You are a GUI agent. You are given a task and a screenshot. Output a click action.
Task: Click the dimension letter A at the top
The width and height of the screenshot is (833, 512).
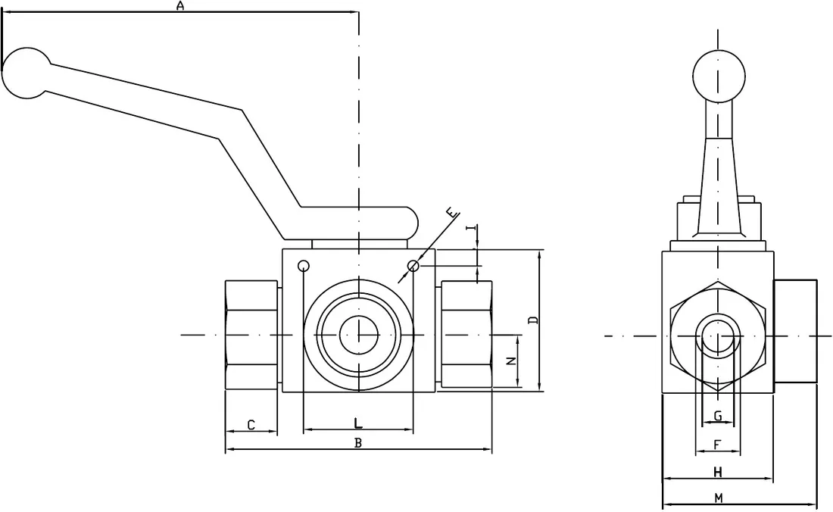pyautogui.click(x=179, y=6)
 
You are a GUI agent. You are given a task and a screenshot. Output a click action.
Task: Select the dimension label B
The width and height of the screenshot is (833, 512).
pyautogui.click(x=358, y=442)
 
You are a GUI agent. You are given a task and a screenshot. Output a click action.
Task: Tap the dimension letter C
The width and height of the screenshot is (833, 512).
pyautogui.click(x=251, y=425)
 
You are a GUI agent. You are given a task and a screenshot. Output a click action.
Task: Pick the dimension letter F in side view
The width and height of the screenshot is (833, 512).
pyautogui.click(x=717, y=445)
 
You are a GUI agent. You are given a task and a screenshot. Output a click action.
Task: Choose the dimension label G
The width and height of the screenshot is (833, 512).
pyautogui.click(x=718, y=415)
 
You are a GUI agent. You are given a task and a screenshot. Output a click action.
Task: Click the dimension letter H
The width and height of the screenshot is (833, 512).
pyautogui.click(x=718, y=472)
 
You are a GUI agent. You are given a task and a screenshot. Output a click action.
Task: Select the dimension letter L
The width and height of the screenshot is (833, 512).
pyautogui.click(x=358, y=423)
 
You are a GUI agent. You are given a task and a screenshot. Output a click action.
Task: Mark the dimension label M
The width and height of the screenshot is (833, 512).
pyautogui.click(x=719, y=498)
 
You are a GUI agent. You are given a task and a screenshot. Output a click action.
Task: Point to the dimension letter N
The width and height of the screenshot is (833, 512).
pyautogui.click(x=511, y=361)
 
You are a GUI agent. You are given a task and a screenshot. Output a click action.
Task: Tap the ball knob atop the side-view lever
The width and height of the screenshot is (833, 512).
pyautogui.click(x=719, y=76)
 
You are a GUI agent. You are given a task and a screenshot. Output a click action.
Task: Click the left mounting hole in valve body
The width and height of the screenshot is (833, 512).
pyautogui.click(x=304, y=266)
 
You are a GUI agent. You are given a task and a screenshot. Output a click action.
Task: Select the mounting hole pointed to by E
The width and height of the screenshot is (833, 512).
pyautogui.click(x=413, y=266)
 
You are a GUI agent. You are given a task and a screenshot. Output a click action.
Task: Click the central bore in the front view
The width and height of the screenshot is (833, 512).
pyautogui.click(x=358, y=334)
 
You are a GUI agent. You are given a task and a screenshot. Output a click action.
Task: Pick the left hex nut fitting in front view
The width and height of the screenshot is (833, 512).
pyautogui.click(x=251, y=334)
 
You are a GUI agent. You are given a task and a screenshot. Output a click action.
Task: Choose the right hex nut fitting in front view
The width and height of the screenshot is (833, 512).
pyautogui.click(x=466, y=334)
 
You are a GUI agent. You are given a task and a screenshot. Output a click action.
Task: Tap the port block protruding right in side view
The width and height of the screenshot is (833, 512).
pyautogui.click(x=795, y=332)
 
